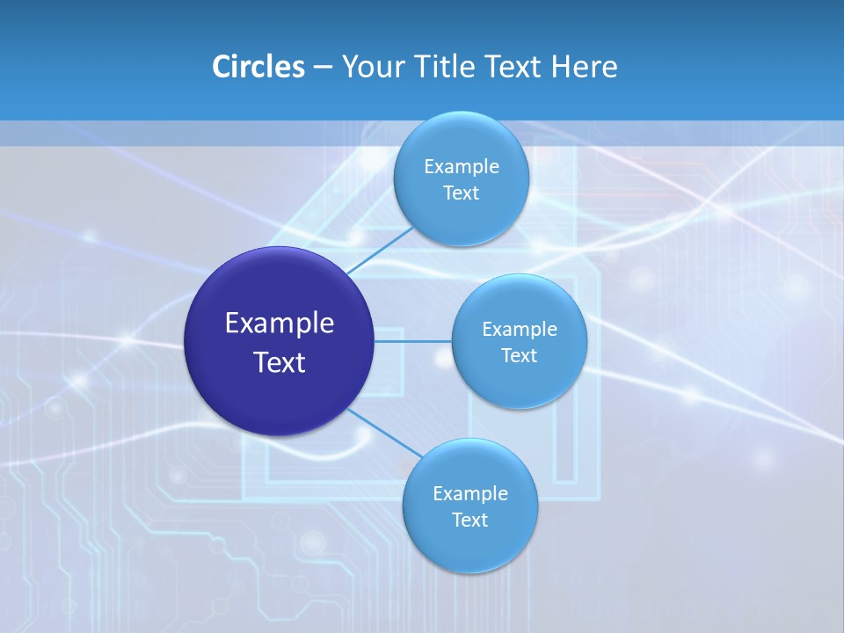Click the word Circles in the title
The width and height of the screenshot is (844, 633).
[x=258, y=66]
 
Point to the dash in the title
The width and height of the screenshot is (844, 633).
[x=323, y=68]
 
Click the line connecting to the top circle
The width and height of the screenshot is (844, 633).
[x=381, y=250]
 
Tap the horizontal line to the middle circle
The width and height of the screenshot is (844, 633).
[x=413, y=341]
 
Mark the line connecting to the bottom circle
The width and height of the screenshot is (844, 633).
[x=384, y=433]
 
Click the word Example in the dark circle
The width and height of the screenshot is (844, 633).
[x=280, y=324]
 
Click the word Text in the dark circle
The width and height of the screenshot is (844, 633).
[x=280, y=362]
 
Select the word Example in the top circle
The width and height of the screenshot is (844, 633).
[x=462, y=167]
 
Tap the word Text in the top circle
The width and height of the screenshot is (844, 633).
[x=462, y=193]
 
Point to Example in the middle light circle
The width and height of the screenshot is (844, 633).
[x=520, y=330]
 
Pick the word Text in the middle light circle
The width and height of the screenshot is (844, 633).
[x=520, y=356]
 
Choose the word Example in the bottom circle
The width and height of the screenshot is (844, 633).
[x=470, y=494]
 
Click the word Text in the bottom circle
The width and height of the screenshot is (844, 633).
[x=470, y=520]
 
